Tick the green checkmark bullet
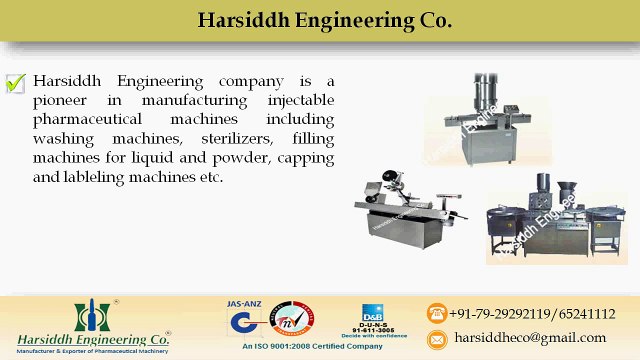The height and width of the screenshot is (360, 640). click(15, 84)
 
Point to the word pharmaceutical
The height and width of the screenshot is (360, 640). click(88, 120)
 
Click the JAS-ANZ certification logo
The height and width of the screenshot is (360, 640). click(243, 319)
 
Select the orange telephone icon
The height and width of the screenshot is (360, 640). click(436, 313)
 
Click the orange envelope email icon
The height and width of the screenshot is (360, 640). click(436, 339)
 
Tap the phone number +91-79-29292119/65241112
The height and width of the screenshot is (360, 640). click(532, 313)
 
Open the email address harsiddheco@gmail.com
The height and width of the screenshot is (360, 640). click(530, 338)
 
